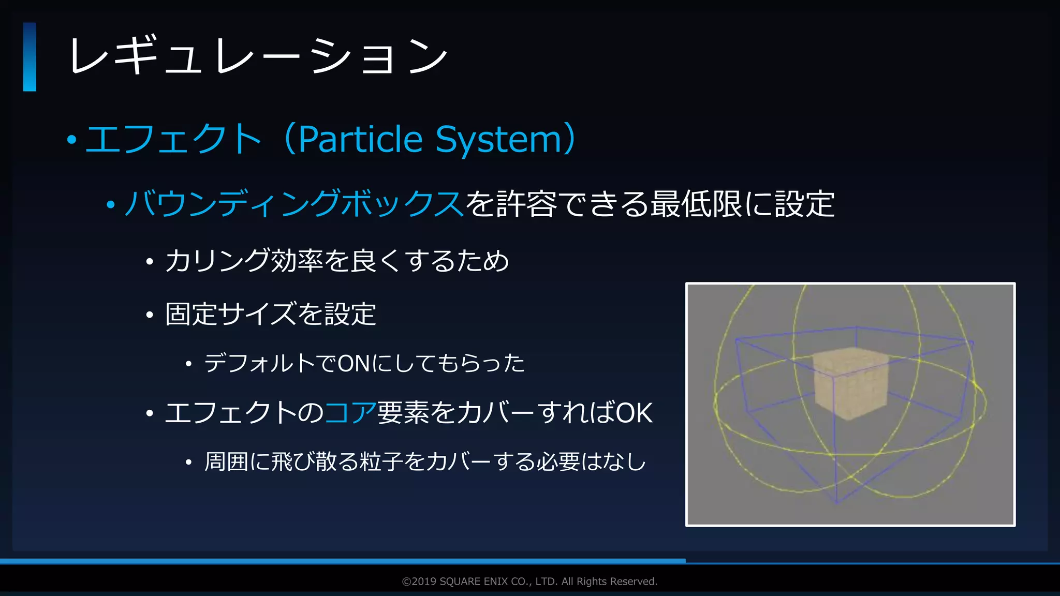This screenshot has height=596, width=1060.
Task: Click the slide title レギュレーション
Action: point(258,56)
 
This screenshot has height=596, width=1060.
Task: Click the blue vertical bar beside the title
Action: point(30,57)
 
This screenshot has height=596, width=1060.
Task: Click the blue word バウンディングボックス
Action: point(294,203)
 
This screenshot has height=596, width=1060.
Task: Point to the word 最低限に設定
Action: point(742,203)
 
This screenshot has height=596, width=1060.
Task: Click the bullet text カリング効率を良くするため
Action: point(337,260)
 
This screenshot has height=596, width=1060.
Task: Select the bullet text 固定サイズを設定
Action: point(270,314)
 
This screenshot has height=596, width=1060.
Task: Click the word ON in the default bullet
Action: point(354,364)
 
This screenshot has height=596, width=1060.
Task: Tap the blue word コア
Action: point(350,413)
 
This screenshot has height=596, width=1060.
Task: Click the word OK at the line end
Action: point(634,413)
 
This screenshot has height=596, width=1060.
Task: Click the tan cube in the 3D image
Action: point(851,384)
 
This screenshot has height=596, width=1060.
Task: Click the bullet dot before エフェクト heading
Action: point(72,140)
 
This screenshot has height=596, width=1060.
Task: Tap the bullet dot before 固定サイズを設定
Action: point(150,315)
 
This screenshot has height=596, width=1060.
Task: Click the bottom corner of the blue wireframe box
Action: point(837,502)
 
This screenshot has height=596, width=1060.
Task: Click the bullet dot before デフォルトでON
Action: point(189,364)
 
